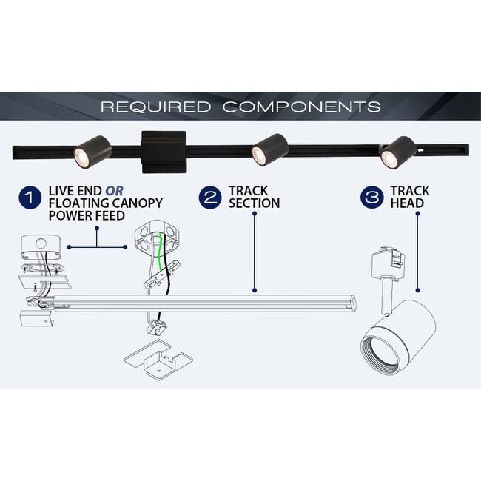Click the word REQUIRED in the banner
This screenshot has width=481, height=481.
(x=156, y=107)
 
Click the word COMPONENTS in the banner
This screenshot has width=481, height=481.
(x=301, y=107)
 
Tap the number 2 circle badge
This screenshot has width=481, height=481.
(x=211, y=198)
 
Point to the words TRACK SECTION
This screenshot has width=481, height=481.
(x=254, y=198)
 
